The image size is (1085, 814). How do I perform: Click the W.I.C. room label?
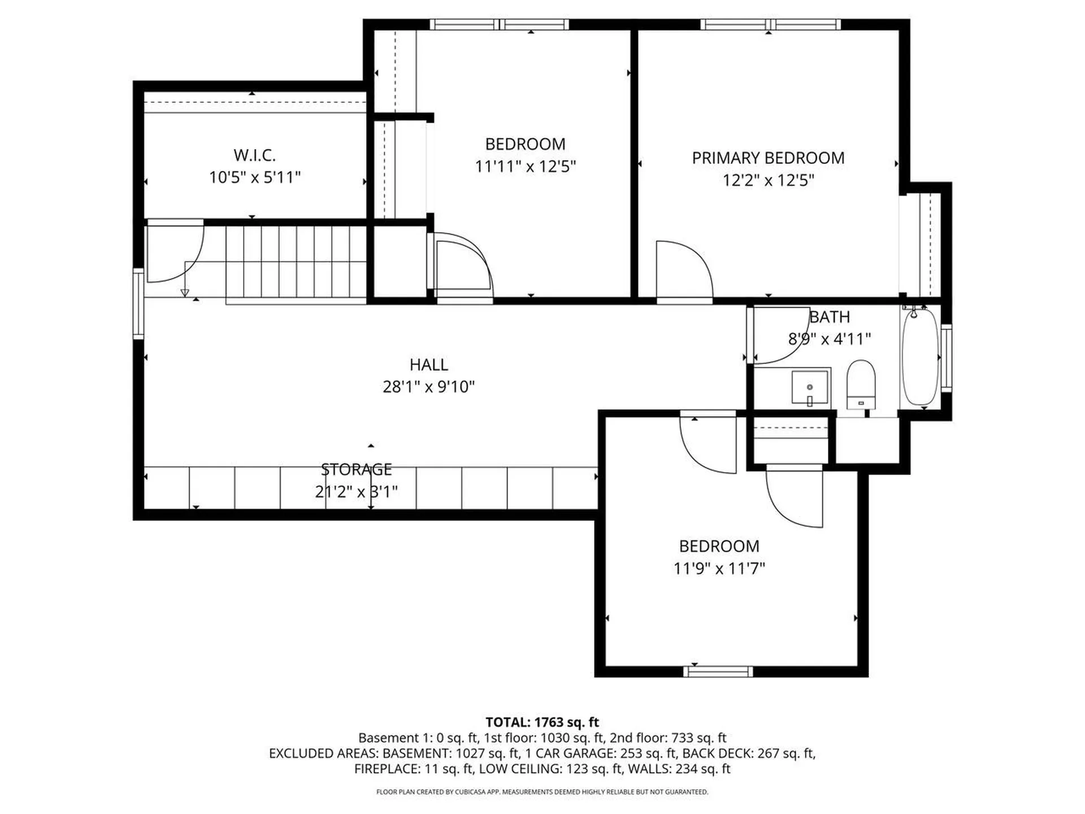254,155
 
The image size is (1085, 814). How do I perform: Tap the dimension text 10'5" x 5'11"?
254,177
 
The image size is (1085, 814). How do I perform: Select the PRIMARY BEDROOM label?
768,158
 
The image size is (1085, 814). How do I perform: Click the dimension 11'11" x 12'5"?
525,167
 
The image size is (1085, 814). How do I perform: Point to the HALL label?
428,365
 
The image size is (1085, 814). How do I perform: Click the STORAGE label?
356,469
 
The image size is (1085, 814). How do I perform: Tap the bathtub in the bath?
920,357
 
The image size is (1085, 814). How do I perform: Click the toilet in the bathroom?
861,384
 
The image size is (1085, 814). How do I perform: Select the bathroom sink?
810,387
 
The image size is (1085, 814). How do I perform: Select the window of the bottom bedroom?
718,672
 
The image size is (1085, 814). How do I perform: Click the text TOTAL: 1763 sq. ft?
542,722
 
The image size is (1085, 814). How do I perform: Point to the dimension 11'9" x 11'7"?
719,568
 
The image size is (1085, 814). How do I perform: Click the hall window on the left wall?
138,304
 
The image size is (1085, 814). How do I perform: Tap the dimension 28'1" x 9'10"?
428,387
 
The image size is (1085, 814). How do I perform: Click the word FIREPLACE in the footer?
387,769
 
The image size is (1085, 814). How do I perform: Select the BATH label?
829,317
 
